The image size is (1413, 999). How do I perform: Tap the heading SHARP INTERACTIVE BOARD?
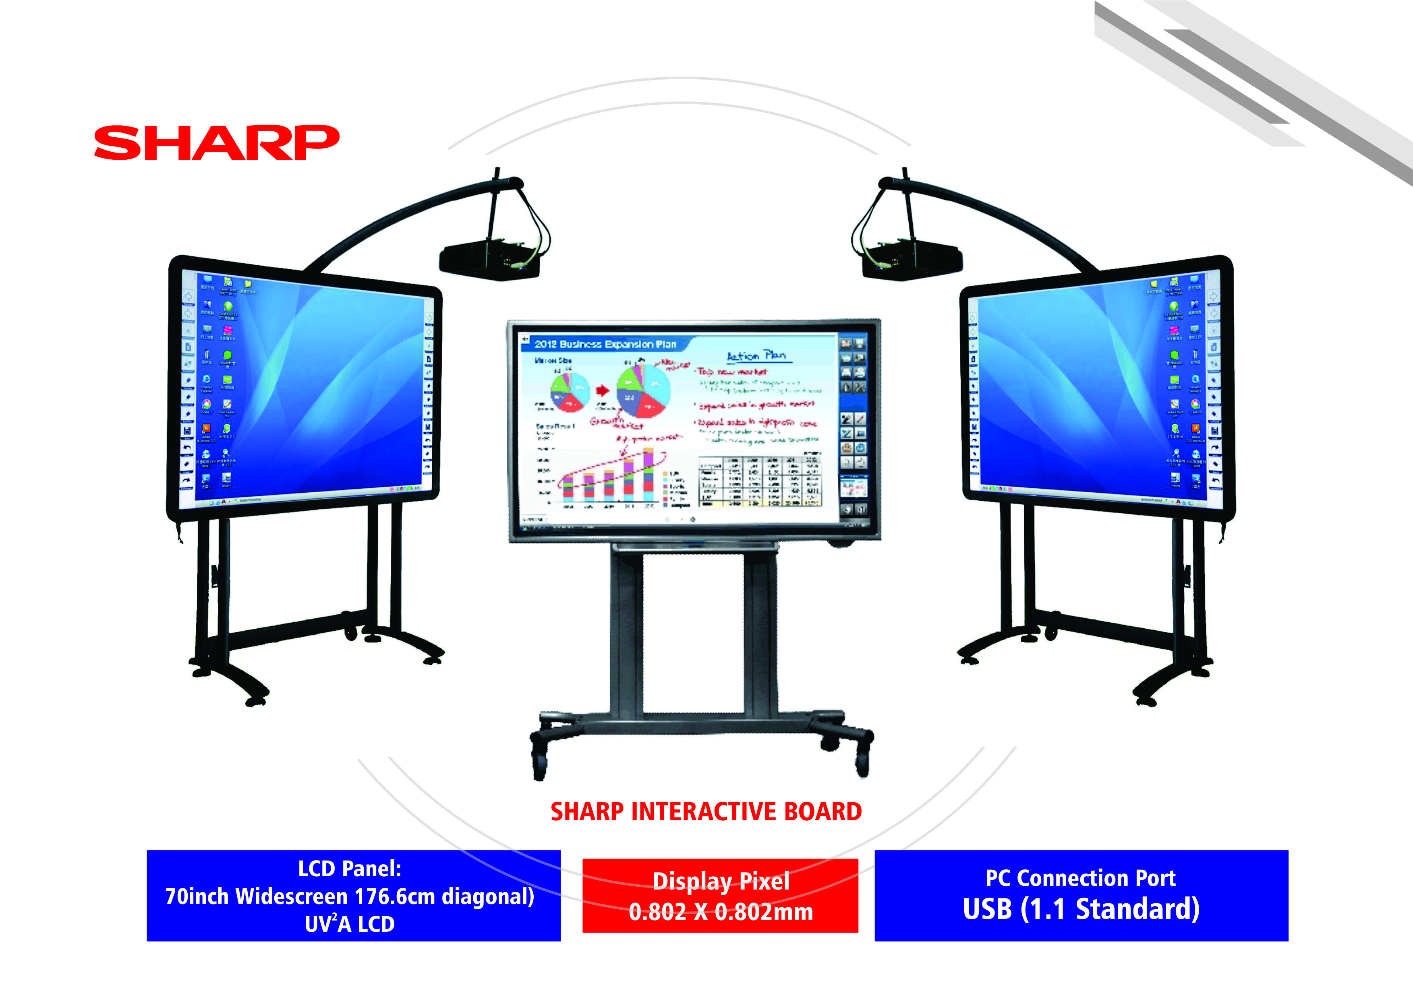706,812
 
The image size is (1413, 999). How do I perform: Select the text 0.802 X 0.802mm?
721,912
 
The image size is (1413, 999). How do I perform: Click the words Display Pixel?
721,881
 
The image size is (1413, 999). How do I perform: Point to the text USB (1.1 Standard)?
1081,909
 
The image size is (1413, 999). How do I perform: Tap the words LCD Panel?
350,869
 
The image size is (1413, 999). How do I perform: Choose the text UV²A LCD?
350,924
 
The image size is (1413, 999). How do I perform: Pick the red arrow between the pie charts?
603,390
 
